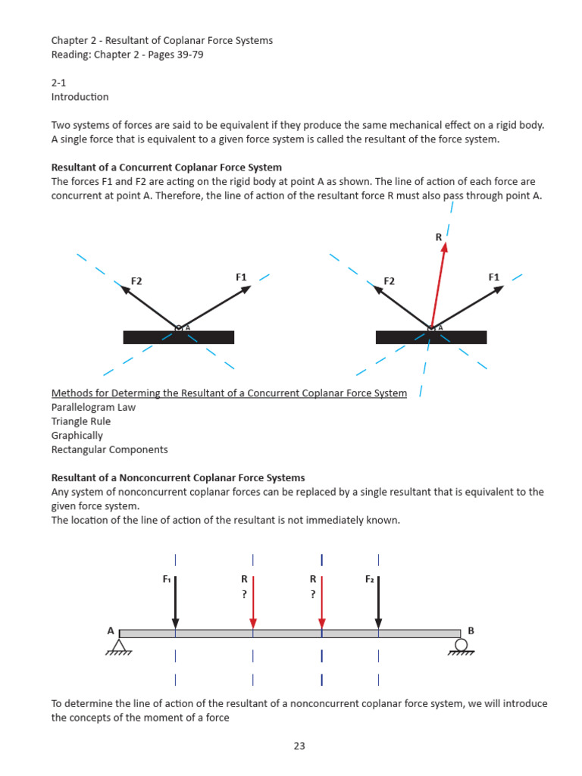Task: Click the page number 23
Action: tap(299, 746)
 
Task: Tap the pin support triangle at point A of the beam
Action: tap(119, 645)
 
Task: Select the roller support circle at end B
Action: tap(461, 644)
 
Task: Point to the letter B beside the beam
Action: tap(471, 630)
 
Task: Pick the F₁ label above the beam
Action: tap(167, 579)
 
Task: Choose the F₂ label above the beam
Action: tap(370, 579)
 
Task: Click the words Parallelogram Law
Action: tap(93, 407)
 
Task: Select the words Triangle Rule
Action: tap(81, 421)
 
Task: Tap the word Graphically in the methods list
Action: tap(77, 436)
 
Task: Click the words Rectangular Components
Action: tap(110, 449)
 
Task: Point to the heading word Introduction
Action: tap(80, 97)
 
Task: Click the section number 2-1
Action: tap(59, 83)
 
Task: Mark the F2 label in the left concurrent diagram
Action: tap(136, 281)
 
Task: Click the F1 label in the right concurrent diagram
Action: tap(494, 277)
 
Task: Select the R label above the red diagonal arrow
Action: tap(438, 237)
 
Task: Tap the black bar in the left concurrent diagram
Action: tap(179, 338)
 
